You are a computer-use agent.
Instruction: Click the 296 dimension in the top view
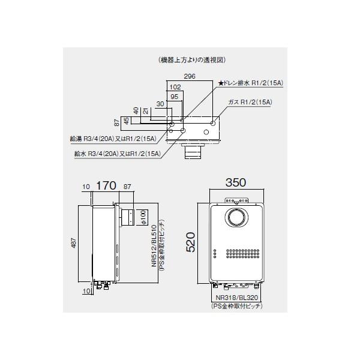tap(190, 77)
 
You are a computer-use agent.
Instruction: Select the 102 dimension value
tap(175, 86)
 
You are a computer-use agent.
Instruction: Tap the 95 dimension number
tap(175, 96)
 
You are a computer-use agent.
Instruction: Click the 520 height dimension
tap(190, 243)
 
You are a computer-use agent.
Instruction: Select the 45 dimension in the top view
tap(126, 122)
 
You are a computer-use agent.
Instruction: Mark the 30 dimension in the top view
tap(160, 104)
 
